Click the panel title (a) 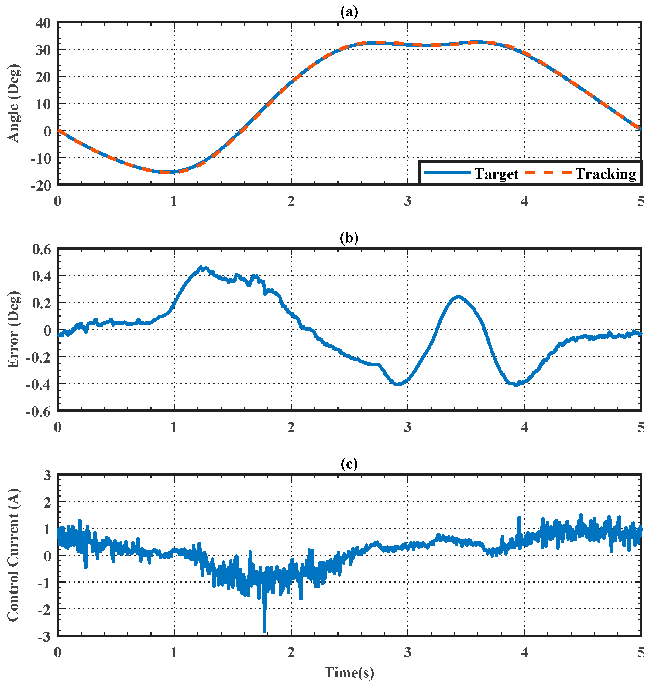349,12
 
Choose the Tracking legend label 605,173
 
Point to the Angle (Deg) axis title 14,103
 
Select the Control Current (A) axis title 14,555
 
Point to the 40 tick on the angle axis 43,23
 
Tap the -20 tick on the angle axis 41,185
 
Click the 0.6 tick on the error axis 41,249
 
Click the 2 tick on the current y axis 47,502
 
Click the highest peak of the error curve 201,267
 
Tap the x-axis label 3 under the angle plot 407,201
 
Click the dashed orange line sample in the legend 548,173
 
